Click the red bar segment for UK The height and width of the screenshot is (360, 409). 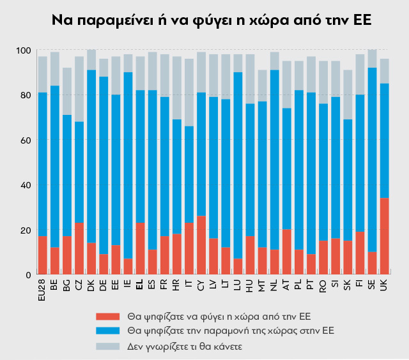(x=383, y=236)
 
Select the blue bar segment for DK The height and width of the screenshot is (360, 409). (x=91, y=156)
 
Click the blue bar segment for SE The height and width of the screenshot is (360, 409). (x=371, y=160)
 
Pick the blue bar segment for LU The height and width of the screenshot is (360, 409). (x=238, y=166)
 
